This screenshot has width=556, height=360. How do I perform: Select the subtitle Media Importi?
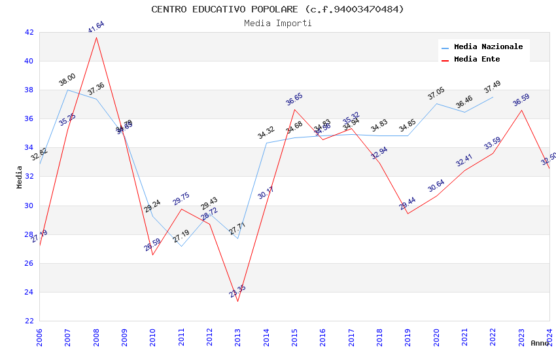click(x=277, y=23)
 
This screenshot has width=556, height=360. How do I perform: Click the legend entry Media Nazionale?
click(x=488, y=46)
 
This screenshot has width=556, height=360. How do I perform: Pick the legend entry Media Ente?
click(x=476, y=59)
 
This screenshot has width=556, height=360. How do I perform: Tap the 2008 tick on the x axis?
click(x=96, y=336)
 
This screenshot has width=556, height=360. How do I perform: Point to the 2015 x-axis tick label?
click(x=294, y=336)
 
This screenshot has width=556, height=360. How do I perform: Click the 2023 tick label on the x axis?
click(x=521, y=336)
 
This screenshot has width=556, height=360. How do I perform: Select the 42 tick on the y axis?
click(x=29, y=32)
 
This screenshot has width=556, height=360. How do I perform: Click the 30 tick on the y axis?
click(x=29, y=206)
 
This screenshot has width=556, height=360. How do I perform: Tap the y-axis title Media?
click(x=20, y=177)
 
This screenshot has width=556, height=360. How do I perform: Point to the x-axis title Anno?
click(x=540, y=343)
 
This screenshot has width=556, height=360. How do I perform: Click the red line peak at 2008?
click(x=96, y=37)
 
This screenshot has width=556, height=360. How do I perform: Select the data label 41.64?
click(x=96, y=27)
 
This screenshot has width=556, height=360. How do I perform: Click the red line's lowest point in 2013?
click(x=237, y=301)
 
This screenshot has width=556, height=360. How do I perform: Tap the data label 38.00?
click(x=67, y=80)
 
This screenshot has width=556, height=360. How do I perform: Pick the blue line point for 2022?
click(x=493, y=97)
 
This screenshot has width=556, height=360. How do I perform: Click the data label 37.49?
click(x=493, y=86)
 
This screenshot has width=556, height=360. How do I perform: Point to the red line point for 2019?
click(x=408, y=213)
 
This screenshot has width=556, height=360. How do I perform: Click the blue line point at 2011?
click(x=181, y=246)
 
